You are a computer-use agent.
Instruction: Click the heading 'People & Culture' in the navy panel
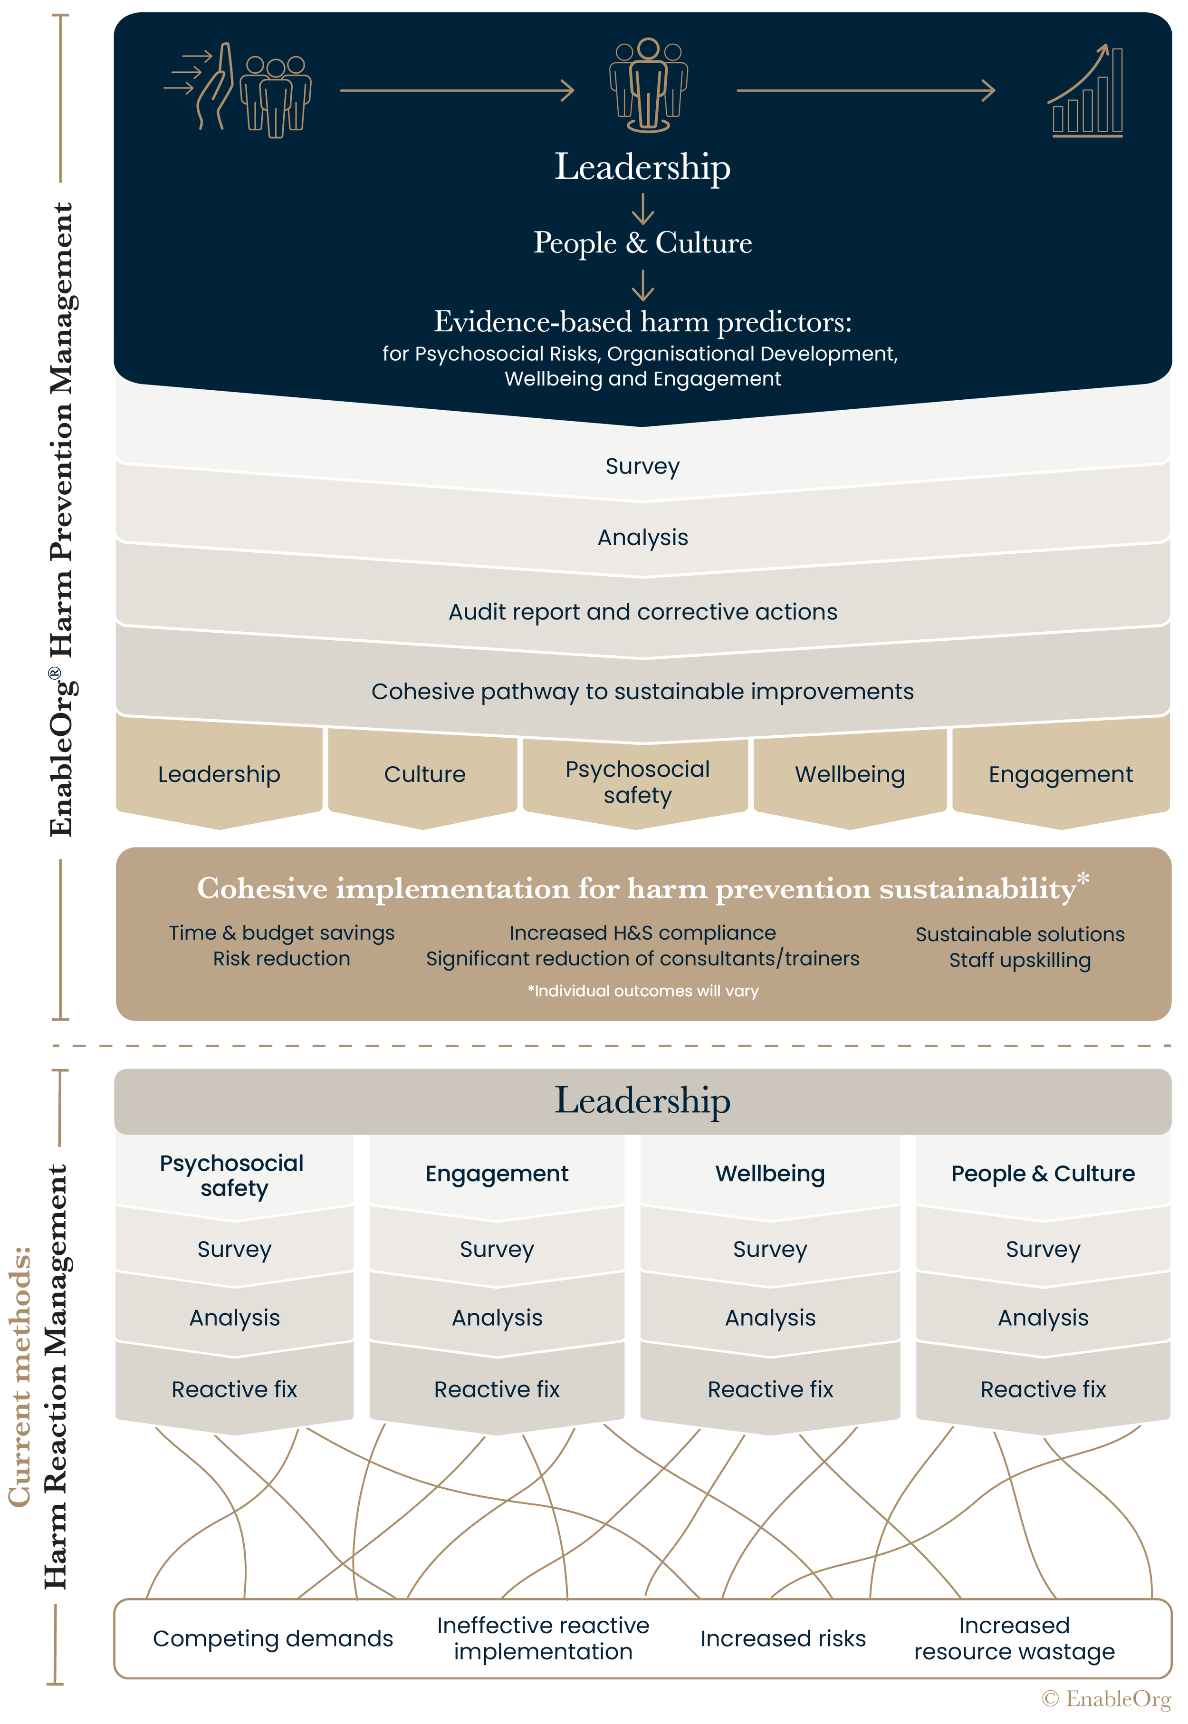tap(642, 243)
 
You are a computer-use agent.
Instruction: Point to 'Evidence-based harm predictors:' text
tap(642, 322)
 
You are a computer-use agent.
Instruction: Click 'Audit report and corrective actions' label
tap(642, 612)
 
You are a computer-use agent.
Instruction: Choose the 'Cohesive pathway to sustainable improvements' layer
tap(642, 692)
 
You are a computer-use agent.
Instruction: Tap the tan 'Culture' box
tap(424, 775)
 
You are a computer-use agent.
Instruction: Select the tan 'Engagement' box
tap(1060, 775)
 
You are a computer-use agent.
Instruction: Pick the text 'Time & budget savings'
tap(281, 933)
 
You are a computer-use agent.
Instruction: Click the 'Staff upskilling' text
tap(1020, 960)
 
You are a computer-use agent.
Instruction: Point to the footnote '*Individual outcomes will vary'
tap(642, 991)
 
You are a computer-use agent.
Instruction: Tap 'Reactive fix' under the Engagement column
tap(497, 1389)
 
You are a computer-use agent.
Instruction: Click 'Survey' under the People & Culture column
tap(1043, 1249)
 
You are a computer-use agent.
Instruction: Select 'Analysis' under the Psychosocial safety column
tap(234, 1318)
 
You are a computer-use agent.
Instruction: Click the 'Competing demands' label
tap(272, 1638)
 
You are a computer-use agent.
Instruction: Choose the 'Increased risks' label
tap(783, 1638)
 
